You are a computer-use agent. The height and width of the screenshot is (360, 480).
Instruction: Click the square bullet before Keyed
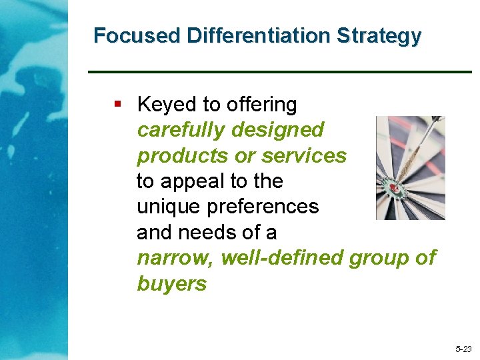pyautogui.click(x=118, y=103)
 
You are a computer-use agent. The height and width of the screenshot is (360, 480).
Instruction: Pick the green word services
pyautogui.click(x=304, y=156)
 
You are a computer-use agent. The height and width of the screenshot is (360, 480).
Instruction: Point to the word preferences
pyautogui.click(x=263, y=207)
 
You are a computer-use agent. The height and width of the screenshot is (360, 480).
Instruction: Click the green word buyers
pyautogui.click(x=171, y=284)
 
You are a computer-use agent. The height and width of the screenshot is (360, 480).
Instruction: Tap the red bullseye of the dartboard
pyautogui.click(x=394, y=189)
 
